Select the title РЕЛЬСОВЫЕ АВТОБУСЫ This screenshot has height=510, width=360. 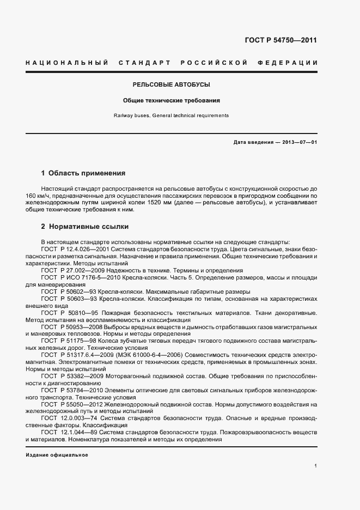[x=171, y=85]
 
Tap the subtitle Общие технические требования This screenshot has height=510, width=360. [x=171, y=101]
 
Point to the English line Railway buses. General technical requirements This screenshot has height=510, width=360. [x=171, y=116]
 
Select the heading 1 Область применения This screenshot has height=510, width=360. [x=83, y=173]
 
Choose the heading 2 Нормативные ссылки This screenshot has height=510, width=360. [x=84, y=226]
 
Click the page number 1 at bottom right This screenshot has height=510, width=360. [x=315, y=466]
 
